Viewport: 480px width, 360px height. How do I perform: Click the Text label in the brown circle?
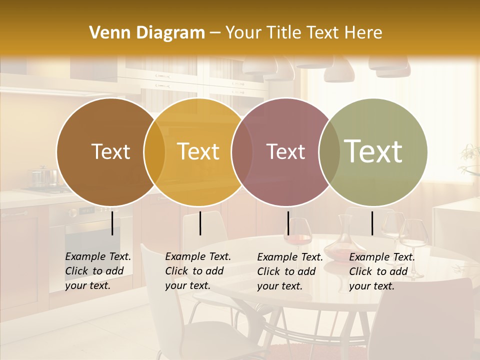tap(110, 151)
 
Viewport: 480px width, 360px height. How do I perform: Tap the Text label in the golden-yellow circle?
tap(198, 151)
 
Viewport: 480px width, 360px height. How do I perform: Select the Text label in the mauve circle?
tap(285, 151)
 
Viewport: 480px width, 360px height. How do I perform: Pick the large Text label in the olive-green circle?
tap(373, 151)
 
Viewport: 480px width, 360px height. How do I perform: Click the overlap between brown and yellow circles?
tap(154, 152)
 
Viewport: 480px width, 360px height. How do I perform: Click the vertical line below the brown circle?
tap(112, 223)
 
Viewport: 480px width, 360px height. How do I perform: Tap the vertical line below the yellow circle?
tap(200, 223)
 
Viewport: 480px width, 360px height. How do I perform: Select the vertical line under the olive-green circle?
tap(372, 223)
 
